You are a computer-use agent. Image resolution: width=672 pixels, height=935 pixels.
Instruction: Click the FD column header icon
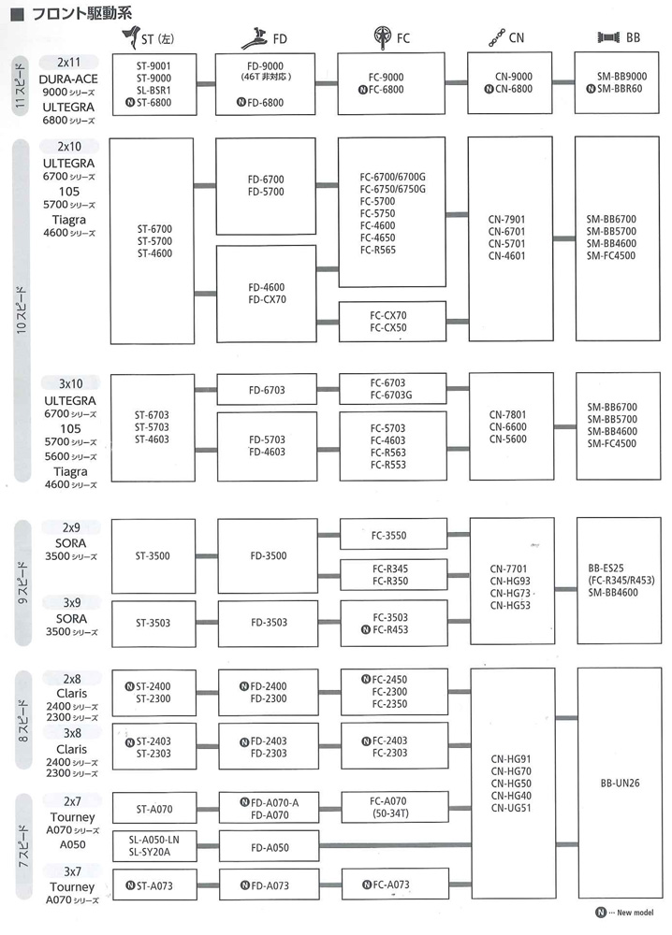point(255,37)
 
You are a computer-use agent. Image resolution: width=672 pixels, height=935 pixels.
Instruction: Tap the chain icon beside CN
point(497,37)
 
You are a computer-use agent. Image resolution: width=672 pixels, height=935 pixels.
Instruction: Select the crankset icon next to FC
point(382,37)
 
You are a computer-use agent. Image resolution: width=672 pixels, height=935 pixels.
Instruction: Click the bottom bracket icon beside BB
point(608,37)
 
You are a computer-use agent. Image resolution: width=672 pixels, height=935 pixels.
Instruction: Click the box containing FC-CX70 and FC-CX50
point(392,322)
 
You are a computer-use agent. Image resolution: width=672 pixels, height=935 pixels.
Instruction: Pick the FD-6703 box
point(267,390)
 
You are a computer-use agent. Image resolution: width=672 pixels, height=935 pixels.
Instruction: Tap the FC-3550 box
point(393,535)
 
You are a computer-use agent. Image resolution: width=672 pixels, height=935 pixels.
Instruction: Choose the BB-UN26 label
point(620,783)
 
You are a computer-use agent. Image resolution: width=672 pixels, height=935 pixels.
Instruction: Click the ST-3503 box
point(153,623)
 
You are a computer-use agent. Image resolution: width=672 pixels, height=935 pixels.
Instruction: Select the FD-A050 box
point(270,847)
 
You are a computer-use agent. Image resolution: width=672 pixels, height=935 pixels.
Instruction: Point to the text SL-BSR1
point(153,90)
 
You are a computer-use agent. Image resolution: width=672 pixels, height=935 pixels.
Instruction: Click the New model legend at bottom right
point(624,913)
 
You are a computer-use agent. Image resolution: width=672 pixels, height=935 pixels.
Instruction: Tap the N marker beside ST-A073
point(130,885)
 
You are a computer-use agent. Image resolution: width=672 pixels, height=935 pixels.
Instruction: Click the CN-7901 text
point(506,219)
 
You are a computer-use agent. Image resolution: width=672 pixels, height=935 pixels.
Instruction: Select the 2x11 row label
point(68,62)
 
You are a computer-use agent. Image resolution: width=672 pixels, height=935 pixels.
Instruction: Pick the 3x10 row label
point(70,383)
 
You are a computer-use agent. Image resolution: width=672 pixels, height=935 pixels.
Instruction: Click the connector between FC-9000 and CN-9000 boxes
point(456,82)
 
